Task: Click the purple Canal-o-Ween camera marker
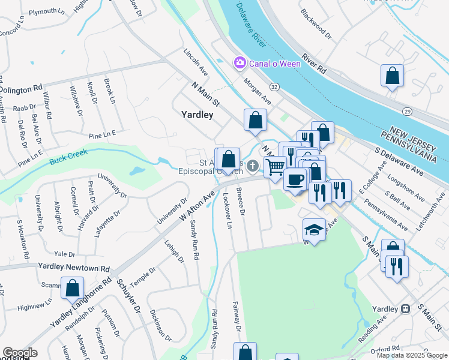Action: [x=240, y=62]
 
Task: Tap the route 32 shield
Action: [x=274, y=87]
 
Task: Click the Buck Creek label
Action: [x=68, y=157]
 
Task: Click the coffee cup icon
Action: [x=295, y=178]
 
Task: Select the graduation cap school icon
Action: [x=314, y=229]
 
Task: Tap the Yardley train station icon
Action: [x=406, y=308]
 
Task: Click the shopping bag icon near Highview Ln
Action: [x=73, y=288]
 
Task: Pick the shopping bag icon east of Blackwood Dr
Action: [x=392, y=76]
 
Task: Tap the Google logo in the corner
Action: [x=20, y=353]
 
